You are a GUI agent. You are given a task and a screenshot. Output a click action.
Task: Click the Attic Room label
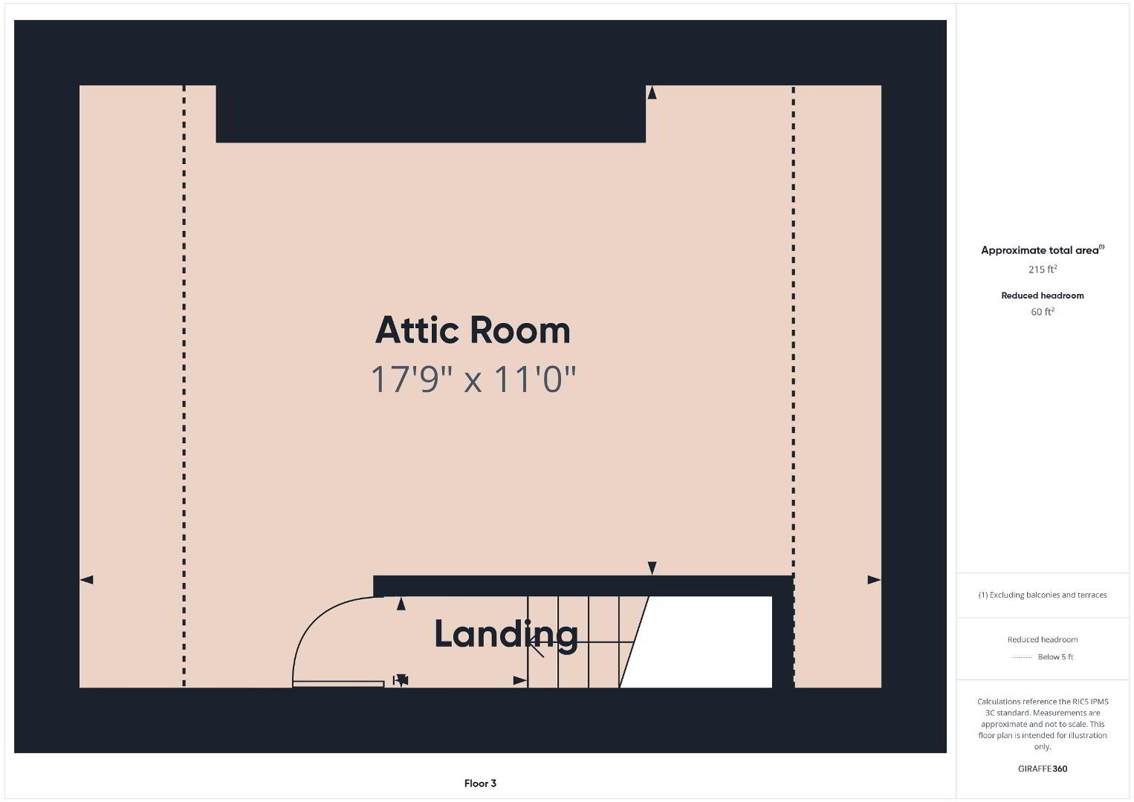473,330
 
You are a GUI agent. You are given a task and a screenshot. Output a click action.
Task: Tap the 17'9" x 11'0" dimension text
473,379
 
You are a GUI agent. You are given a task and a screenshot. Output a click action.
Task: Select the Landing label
506,634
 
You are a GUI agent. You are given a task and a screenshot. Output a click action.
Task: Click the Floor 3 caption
480,783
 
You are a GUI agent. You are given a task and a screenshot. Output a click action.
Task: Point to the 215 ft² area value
1043,269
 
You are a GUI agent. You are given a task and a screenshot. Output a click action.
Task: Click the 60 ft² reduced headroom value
1043,312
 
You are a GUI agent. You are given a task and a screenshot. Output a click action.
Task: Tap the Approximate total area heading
1043,250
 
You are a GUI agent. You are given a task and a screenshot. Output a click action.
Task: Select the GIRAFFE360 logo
1043,769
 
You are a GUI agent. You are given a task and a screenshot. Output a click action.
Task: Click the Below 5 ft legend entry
1055,656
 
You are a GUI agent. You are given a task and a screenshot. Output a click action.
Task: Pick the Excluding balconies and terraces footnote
1043,595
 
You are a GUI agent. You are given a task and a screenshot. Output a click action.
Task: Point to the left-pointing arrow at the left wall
86,579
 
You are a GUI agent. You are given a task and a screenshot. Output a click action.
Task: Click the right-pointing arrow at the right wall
875,579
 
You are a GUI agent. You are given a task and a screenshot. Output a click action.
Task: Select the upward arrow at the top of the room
652,93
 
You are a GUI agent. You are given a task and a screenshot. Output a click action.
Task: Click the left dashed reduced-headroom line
184,386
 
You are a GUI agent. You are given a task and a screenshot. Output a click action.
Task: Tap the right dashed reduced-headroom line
794,386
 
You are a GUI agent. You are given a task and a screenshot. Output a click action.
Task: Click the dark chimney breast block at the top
431,114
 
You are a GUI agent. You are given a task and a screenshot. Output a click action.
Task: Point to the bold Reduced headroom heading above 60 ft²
1043,296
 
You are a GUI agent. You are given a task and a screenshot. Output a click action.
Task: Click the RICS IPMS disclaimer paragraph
1043,724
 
